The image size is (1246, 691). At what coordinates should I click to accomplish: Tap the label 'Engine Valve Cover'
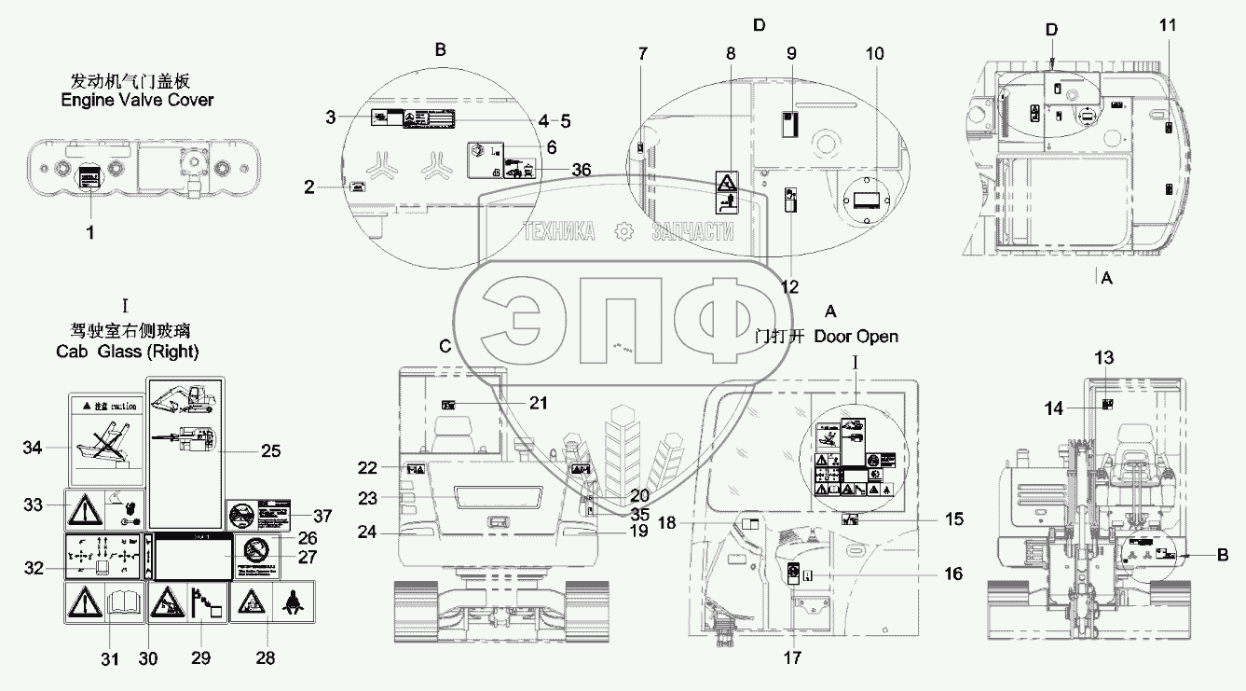[x=136, y=100]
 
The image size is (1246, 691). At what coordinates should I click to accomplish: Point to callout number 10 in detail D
[x=874, y=54]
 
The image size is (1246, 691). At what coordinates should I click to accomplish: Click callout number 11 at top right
[x=1168, y=24]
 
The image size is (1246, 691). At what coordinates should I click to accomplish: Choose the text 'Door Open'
[x=856, y=336]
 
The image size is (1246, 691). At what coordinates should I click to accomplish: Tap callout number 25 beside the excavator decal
[x=270, y=452]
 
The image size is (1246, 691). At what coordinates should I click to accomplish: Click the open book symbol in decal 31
[x=123, y=604]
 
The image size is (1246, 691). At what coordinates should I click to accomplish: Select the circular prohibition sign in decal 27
[x=252, y=547]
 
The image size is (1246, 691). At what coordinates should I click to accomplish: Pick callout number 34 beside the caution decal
[x=34, y=449]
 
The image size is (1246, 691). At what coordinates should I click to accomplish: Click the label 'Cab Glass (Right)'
[x=125, y=351]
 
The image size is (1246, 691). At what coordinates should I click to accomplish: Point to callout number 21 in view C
[x=538, y=403]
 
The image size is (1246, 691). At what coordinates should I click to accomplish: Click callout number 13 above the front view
[x=1103, y=358]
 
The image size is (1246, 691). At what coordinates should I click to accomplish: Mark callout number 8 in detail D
[x=730, y=54]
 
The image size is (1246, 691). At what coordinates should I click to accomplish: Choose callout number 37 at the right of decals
[x=322, y=516]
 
